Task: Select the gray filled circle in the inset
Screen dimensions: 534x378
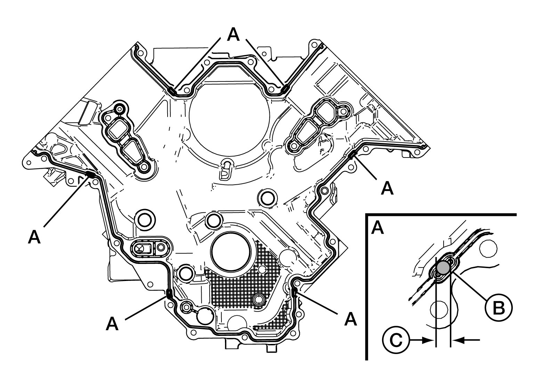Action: (443, 267)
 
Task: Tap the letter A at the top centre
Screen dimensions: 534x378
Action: (233, 34)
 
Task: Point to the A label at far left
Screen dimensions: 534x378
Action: (34, 237)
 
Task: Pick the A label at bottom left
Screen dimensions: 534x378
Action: (112, 324)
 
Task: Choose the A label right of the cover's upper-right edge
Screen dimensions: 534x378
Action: (387, 188)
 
